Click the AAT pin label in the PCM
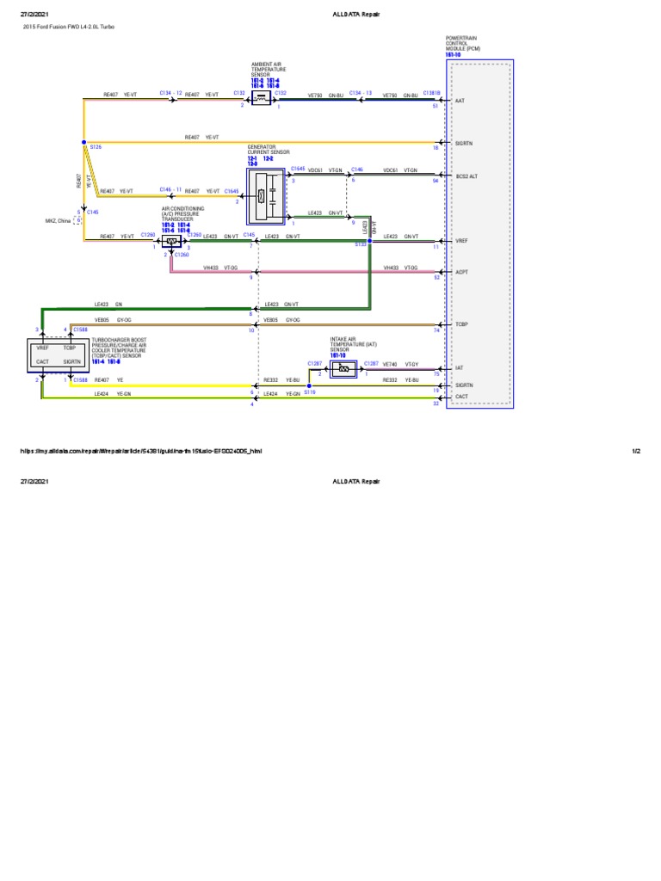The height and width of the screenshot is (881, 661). pos(460,101)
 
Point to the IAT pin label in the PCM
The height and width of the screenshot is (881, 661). pos(459,367)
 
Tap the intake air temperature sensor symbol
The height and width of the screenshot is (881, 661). pos(343,369)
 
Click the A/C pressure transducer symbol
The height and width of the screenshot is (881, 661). pos(171,242)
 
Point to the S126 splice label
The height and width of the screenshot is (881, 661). pos(96,148)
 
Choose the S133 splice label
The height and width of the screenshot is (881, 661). pos(361,244)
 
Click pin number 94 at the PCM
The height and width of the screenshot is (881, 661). pos(436,181)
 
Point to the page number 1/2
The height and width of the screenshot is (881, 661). pos(637,451)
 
